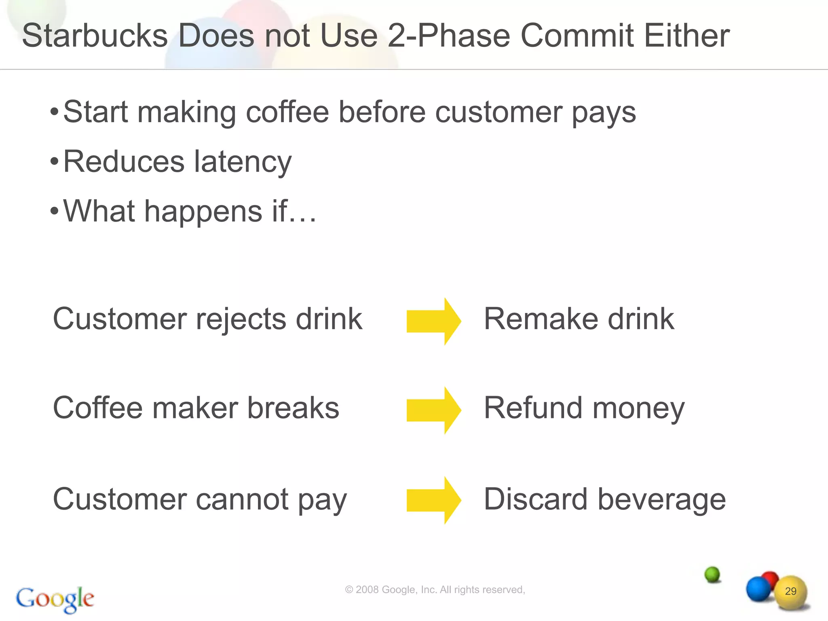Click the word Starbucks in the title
click(95, 36)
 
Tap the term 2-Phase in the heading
click(448, 36)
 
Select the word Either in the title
click(686, 36)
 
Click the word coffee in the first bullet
click(287, 112)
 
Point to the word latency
click(243, 162)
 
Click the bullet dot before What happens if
click(55, 211)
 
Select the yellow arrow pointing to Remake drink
click(433, 321)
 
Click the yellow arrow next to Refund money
click(433, 410)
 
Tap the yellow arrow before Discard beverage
click(433, 500)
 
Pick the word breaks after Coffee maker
click(293, 408)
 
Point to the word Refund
click(533, 408)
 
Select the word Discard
click(535, 499)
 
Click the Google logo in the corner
click(55, 599)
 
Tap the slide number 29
click(790, 591)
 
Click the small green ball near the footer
click(712, 574)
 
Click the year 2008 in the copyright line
click(367, 590)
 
